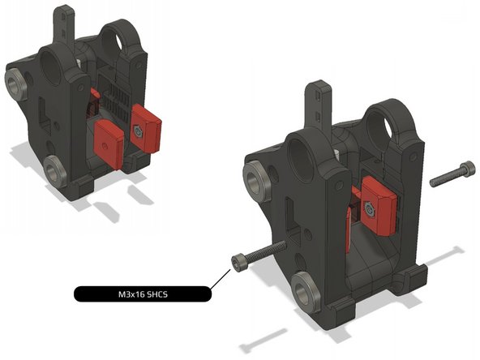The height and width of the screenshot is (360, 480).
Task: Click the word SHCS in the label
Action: tap(157, 294)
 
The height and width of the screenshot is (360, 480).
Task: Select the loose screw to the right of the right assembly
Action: tap(452, 174)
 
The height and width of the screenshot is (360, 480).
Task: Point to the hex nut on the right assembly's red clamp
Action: tap(370, 208)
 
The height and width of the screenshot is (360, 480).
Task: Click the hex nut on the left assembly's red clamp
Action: tap(139, 131)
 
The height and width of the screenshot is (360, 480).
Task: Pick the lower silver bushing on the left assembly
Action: tap(55, 171)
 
